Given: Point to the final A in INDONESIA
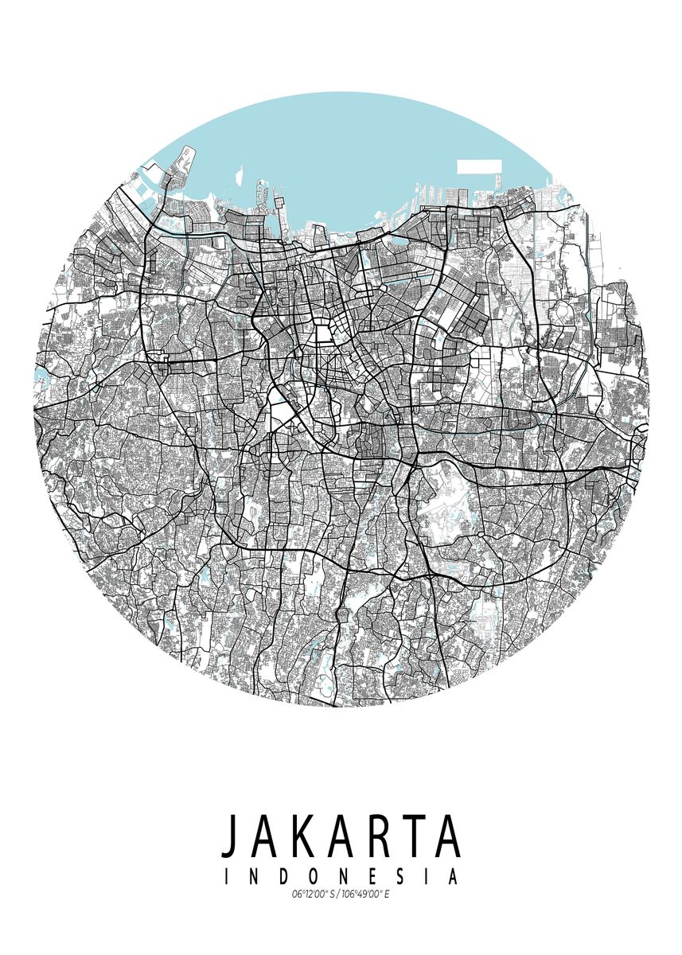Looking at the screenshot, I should tap(452, 877).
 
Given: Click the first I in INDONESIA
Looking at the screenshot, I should tap(228, 877).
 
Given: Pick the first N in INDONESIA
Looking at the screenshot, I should tap(254, 877).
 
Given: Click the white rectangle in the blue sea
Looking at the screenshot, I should tap(479, 167).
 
